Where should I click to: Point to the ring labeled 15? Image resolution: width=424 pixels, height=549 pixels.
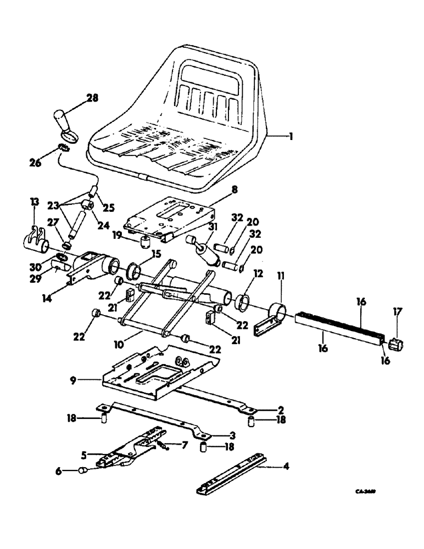pyautogui.click(x=134, y=271)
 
